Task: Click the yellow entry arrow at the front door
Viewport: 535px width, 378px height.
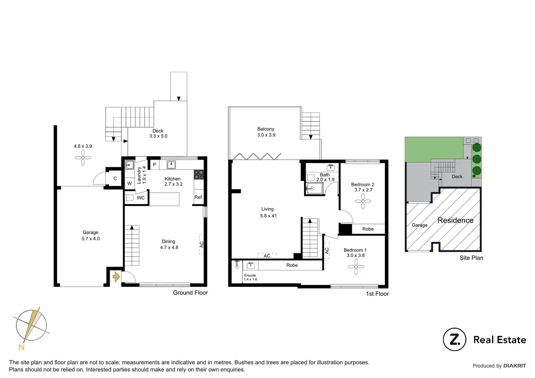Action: pos(116,277)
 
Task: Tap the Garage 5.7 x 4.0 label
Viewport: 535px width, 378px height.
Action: pos(90,236)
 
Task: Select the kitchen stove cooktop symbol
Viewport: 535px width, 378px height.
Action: pos(198,174)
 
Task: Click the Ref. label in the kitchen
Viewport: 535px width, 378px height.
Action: pos(198,197)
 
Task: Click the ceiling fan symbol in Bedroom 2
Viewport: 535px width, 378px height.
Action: pos(363,201)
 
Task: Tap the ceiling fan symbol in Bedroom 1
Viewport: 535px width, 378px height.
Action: pos(356,267)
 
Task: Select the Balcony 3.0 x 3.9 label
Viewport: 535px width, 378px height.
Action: pos(266,132)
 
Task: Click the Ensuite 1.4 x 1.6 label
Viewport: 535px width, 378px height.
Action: pos(250,277)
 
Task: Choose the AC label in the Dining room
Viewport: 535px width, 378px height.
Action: pos(201,244)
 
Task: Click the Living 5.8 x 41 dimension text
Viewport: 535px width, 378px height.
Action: pos(268,216)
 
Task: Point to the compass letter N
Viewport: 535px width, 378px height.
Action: pos(21,347)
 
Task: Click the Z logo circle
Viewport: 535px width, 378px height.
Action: pos(454,339)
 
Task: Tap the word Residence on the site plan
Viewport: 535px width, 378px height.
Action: pos(455,220)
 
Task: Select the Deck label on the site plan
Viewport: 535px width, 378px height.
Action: pos(457,177)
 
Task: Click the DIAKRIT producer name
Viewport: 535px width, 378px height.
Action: pos(514,366)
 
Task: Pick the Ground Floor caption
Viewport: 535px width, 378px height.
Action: pos(190,293)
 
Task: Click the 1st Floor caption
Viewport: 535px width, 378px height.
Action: pos(377,294)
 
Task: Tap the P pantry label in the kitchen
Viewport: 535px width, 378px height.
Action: pos(154,165)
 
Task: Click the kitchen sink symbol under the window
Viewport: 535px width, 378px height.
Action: pos(171,165)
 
